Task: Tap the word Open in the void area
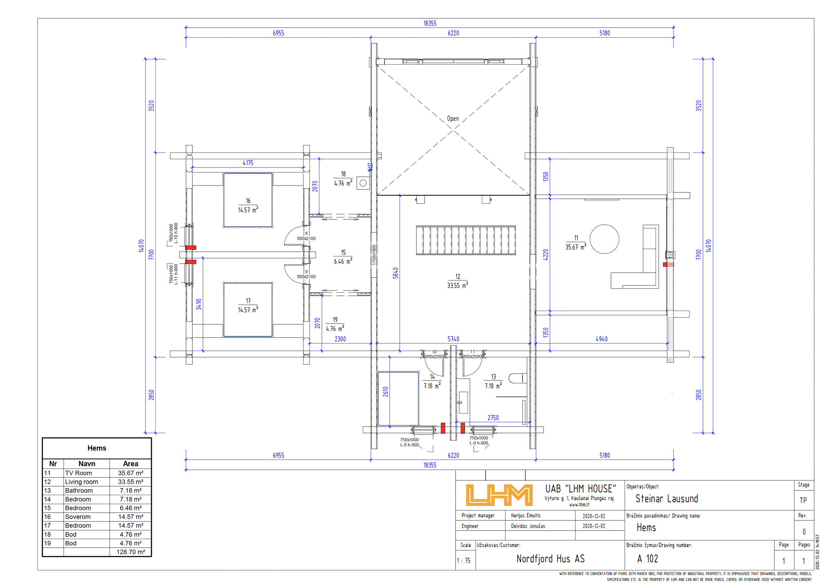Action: pos(453,119)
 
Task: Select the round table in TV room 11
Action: pos(604,239)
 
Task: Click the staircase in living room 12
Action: pos(466,240)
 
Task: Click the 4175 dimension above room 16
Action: pos(248,163)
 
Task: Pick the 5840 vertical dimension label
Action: pos(395,273)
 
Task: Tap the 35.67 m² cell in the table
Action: pos(130,473)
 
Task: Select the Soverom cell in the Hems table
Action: pos(78,517)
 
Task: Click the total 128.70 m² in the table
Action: pos(130,552)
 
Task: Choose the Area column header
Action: pos(130,464)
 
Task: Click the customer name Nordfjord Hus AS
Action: pos(550,559)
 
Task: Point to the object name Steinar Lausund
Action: pos(667,498)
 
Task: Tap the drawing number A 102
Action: pos(648,559)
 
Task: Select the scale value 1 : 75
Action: pos(464,560)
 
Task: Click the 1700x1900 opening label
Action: pos(374,255)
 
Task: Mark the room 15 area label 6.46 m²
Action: pos(343,261)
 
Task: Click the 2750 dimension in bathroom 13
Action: pos(493,418)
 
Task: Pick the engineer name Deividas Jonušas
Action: pos(528,526)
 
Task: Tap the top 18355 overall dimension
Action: pos(430,23)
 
